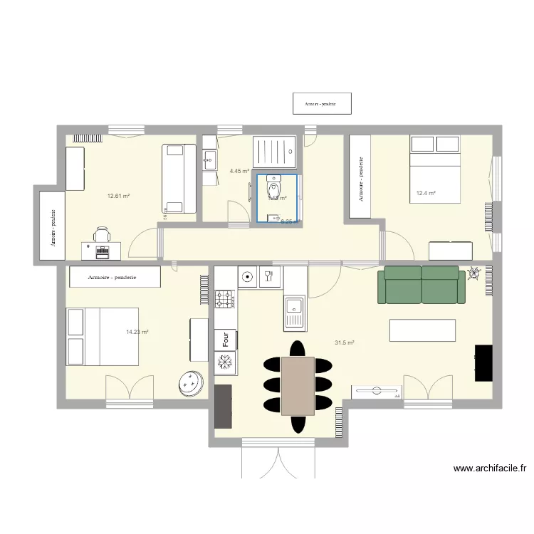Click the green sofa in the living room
(421, 285)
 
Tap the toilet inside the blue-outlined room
(272, 190)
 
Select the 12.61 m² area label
(118, 196)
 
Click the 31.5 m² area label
(345, 342)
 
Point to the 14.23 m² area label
(137, 332)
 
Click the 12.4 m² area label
(426, 193)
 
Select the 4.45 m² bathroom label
(239, 171)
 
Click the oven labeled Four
(225, 341)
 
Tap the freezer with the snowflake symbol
(225, 363)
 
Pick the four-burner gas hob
(225, 300)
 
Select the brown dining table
(298, 385)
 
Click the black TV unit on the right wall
(483, 362)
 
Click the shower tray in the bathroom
(274, 152)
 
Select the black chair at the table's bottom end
(298, 424)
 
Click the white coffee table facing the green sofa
(422, 330)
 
